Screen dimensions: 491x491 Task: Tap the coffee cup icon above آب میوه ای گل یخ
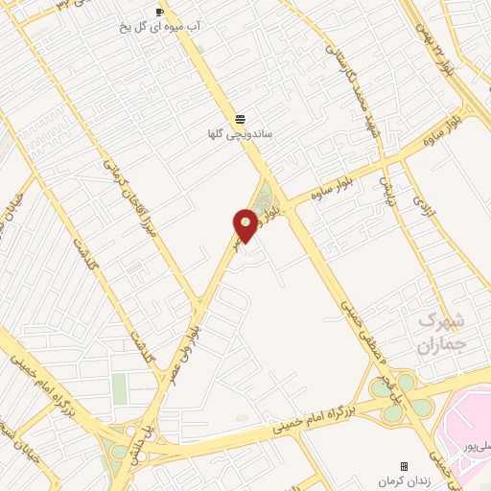coord(159,12)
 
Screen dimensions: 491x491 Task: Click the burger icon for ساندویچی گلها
coord(239,117)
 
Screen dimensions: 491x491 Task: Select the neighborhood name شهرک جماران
coord(443,331)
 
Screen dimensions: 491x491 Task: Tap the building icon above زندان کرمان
coord(404,466)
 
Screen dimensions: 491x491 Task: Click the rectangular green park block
coord(119,389)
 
